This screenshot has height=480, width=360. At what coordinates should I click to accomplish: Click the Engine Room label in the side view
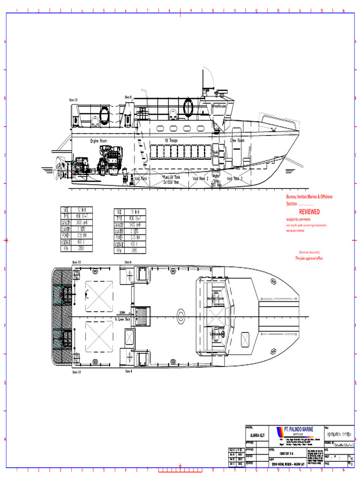point(98,141)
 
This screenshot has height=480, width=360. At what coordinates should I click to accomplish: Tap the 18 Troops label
point(171,140)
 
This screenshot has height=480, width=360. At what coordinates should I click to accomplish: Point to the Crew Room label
point(237,140)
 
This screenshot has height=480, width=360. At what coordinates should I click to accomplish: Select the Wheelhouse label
point(219,106)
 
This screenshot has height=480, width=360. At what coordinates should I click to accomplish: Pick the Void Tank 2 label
point(200,179)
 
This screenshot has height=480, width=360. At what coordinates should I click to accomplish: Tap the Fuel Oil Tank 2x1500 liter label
point(171,179)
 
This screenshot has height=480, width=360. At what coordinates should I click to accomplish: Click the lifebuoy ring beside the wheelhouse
point(188,107)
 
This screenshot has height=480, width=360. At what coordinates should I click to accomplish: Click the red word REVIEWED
point(309,212)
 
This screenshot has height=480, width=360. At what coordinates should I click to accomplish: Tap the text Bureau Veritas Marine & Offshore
point(309,197)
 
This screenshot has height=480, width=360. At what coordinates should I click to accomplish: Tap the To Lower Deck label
point(122,319)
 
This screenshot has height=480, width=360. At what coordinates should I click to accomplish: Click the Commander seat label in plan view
point(216,334)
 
